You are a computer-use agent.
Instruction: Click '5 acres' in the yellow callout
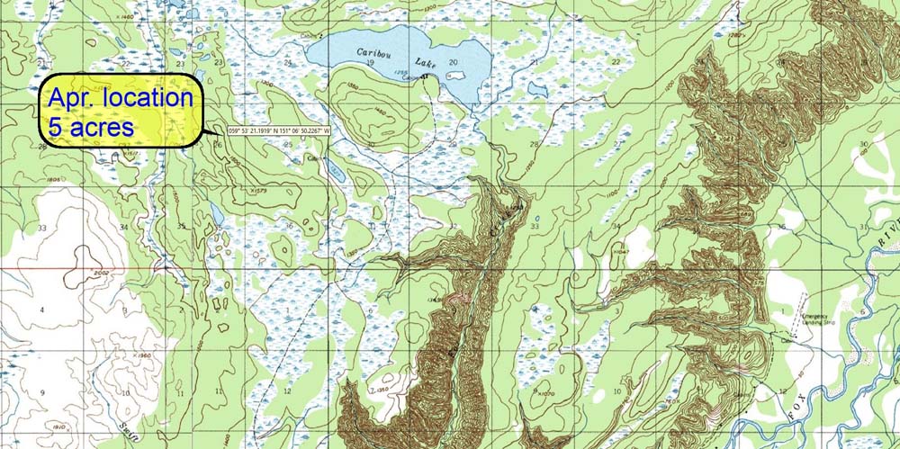(90, 126)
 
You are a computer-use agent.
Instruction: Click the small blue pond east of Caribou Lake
(537, 89)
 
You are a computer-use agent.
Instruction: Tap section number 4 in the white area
(41, 310)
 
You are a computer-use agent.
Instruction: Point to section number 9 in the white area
(41, 393)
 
